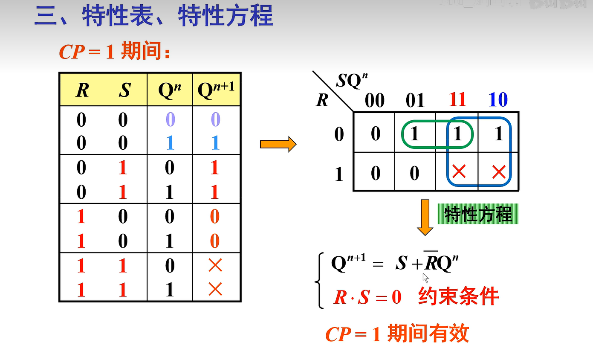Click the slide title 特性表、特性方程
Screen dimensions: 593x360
153,16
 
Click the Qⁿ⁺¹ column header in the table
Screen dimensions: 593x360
216,90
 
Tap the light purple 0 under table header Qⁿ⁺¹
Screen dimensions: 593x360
215,120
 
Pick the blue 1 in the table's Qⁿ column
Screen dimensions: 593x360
170,143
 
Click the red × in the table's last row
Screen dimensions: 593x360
215,290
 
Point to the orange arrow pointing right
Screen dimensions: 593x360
278,144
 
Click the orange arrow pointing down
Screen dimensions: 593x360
425,217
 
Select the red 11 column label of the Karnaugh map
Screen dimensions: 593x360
457,100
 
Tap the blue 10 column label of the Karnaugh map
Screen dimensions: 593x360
498,100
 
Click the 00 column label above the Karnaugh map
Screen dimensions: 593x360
375,101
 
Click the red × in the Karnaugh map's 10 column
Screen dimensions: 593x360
498,172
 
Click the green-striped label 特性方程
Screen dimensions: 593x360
478,214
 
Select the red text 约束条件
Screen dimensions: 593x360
459,296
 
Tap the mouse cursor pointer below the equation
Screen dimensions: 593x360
425,278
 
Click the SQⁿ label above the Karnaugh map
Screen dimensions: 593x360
352,80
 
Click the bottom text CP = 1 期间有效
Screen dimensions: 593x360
397,334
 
